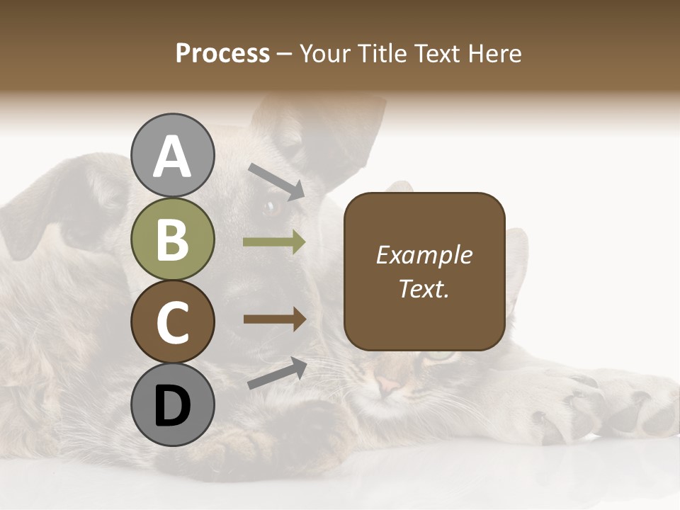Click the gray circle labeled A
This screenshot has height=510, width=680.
point(172,156)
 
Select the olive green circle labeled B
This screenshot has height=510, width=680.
point(172,239)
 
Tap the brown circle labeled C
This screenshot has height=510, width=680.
point(172,322)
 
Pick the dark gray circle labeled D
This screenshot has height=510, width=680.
point(172,405)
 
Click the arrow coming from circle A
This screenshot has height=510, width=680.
point(276,180)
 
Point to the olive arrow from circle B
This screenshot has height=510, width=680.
point(274,242)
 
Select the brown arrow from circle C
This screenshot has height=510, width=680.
point(274,319)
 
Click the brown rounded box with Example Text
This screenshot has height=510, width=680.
point(424,271)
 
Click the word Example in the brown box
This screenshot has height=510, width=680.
point(424,255)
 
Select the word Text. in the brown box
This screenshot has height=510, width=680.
point(424,288)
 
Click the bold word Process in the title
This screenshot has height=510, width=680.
point(222,53)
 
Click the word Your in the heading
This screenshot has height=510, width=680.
point(325,53)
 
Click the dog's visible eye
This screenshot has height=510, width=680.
point(271,208)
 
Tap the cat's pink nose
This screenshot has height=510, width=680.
point(388,386)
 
